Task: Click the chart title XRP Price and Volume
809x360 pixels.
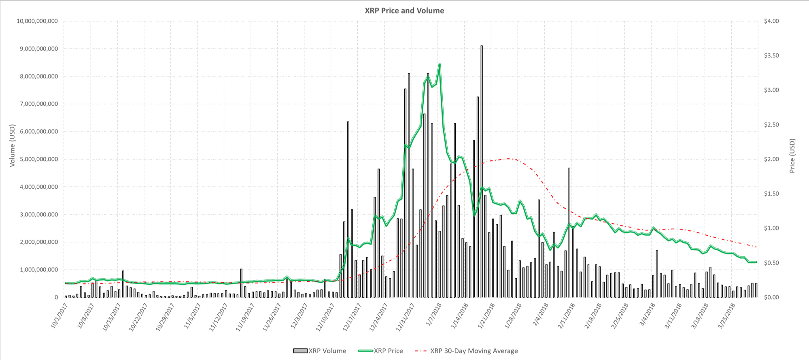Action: [x=404, y=11]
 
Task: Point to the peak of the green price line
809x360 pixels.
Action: [x=440, y=64]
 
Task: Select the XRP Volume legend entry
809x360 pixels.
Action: [x=320, y=351]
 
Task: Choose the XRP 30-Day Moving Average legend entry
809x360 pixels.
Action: [x=466, y=351]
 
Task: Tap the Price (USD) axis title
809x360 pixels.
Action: [x=792, y=156]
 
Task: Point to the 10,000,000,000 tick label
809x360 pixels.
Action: [x=37, y=21]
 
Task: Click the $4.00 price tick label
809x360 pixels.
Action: [x=771, y=21]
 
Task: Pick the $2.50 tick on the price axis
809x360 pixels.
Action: [x=771, y=125]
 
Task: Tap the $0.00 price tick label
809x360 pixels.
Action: [x=771, y=297]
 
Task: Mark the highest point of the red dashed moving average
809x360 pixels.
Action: [x=508, y=158]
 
